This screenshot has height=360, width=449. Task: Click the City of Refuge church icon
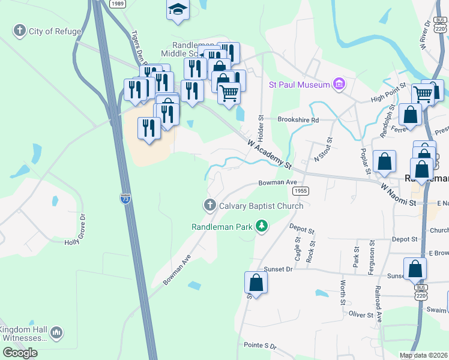(20, 31)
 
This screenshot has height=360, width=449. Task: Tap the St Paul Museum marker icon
(339, 85)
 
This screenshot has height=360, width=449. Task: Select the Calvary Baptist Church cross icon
(210, 206)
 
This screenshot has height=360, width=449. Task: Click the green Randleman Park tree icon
(261, 226)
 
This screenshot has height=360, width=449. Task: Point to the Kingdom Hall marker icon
(56, 332)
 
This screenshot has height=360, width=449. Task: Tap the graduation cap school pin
(178, 10)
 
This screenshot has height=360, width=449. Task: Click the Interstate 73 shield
(125, 198)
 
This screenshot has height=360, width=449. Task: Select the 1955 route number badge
(301, 190)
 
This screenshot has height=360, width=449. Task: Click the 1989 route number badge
(118, 4)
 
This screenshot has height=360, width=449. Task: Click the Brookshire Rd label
(298, 119)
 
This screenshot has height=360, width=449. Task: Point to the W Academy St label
(270, 153)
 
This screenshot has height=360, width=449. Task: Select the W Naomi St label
(398, 195)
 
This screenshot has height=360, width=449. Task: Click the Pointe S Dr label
(260, 347)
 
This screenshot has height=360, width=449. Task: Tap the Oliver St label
(361, 314)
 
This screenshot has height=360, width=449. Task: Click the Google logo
(20, 352)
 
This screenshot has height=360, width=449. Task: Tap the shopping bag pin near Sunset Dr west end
(256, 283)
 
